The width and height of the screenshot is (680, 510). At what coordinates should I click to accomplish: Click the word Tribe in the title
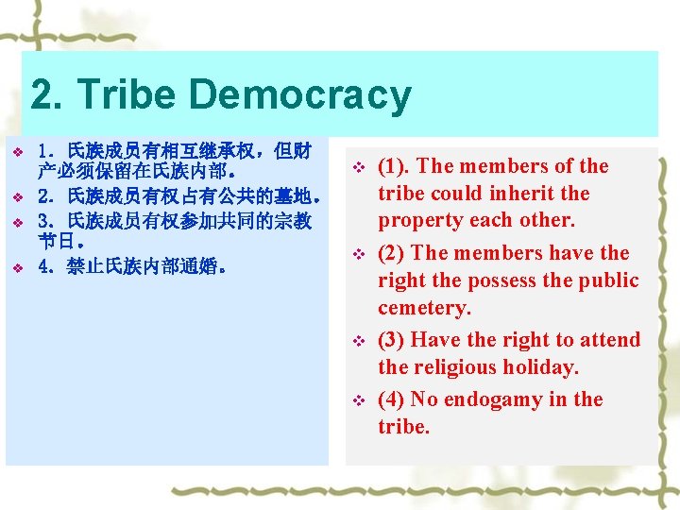click(x=127, y=95)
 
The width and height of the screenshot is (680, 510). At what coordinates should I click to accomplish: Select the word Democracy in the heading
click(x=299, y=95)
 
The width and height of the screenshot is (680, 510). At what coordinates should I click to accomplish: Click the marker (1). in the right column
click(x=394, y=166)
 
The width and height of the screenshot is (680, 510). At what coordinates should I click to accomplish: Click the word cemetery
click(x=423, y=308)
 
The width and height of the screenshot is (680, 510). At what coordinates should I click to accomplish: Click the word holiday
click(x=542, y=367)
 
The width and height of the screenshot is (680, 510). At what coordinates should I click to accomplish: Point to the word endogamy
click(x=481, y=399)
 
